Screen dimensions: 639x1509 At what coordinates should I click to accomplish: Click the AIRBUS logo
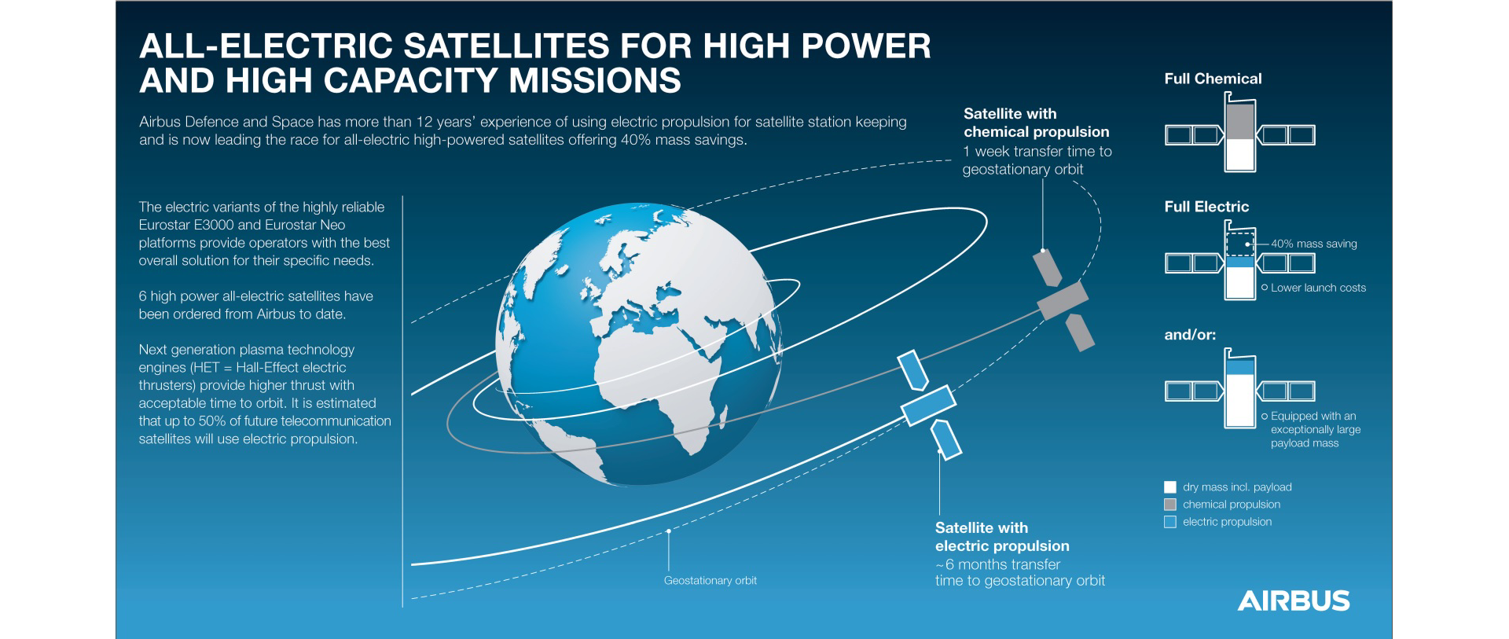click(1294, 600)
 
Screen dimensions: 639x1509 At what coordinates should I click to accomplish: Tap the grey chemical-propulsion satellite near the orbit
click(1063, 300)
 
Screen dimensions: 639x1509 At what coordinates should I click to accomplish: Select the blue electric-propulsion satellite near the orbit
click(928, 405)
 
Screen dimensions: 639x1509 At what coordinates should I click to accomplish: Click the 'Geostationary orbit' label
click(710, 581)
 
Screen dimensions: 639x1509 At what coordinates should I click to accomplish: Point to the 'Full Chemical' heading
click(1213, 79)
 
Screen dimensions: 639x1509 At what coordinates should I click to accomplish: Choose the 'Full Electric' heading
click(1206, 207)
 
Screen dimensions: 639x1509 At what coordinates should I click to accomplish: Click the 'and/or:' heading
click(1190, 335)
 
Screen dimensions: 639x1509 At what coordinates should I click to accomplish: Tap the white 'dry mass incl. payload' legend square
click(1170, 487)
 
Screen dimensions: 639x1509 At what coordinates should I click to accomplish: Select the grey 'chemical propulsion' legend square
click(1170, 505)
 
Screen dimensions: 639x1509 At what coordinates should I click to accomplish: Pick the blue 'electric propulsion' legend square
click(1170, 522)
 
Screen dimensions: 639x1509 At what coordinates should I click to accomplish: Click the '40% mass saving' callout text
click(1313, 244)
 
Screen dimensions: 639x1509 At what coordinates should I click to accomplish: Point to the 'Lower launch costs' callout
click(1318, 288)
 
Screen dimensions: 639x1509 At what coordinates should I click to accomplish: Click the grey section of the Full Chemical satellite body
click(1240, 122)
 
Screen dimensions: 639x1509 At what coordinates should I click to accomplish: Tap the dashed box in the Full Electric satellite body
click(1240, 244)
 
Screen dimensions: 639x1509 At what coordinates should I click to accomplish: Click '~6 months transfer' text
click(998, 564)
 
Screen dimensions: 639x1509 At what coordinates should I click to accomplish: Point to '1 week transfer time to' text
click(1037, 152)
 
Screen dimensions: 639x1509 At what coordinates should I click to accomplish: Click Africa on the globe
click(652, 377)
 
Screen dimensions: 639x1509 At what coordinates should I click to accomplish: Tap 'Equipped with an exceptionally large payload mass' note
click(1315, 430)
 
